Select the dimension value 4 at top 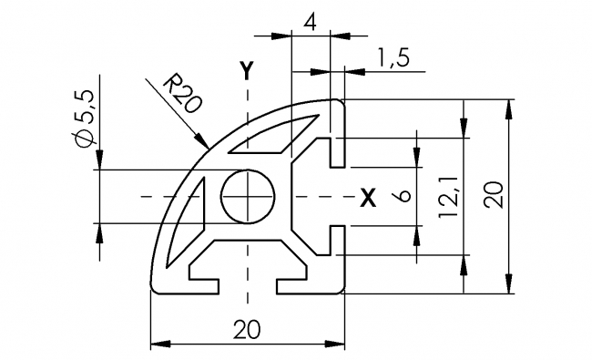pyautogui.click(x=311, y=21)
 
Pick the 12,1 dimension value pyautogui.click(x=447, y=197)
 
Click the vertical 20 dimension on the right pyautogui.click(x=493, y=196)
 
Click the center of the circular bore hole pyautogui.click(x=248, y=196)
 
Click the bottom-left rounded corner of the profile pyautogui.click(x=155, y=288)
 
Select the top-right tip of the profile pyautogui.click(x=342, y=102)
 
